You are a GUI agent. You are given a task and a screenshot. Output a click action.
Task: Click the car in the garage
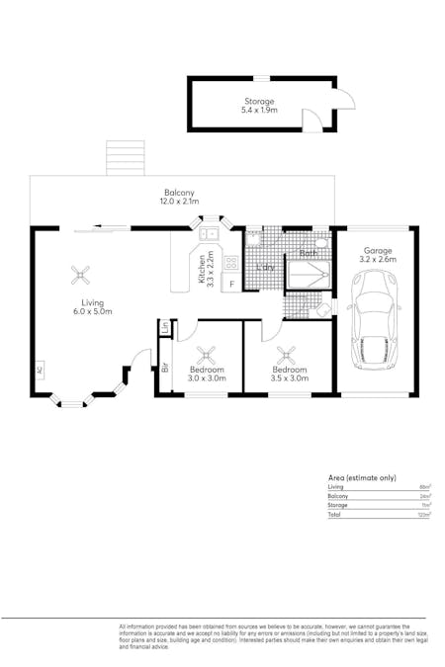[x=373, y=319]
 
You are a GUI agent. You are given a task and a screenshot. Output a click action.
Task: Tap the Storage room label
[x=260, y=102]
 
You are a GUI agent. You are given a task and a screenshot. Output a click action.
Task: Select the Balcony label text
[x=179, y=193]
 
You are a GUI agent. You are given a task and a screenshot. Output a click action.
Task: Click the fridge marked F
[x=231, y=285]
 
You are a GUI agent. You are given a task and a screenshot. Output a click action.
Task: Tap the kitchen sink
[x=209, y=234]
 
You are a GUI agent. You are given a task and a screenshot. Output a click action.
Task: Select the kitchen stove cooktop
[x=231, y=263]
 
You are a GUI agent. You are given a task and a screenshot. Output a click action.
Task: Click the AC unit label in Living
[x=40, y=371]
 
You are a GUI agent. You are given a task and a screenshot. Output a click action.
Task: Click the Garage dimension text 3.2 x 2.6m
[x=377, y=262]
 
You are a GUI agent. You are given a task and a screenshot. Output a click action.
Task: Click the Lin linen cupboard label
[x=165, y=327]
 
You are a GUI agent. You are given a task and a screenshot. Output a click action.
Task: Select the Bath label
[x=308, y=254]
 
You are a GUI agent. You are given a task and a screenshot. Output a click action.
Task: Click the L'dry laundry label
[x=264, y=268]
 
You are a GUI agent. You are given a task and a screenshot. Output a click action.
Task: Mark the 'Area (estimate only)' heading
[x=362, y=477]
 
